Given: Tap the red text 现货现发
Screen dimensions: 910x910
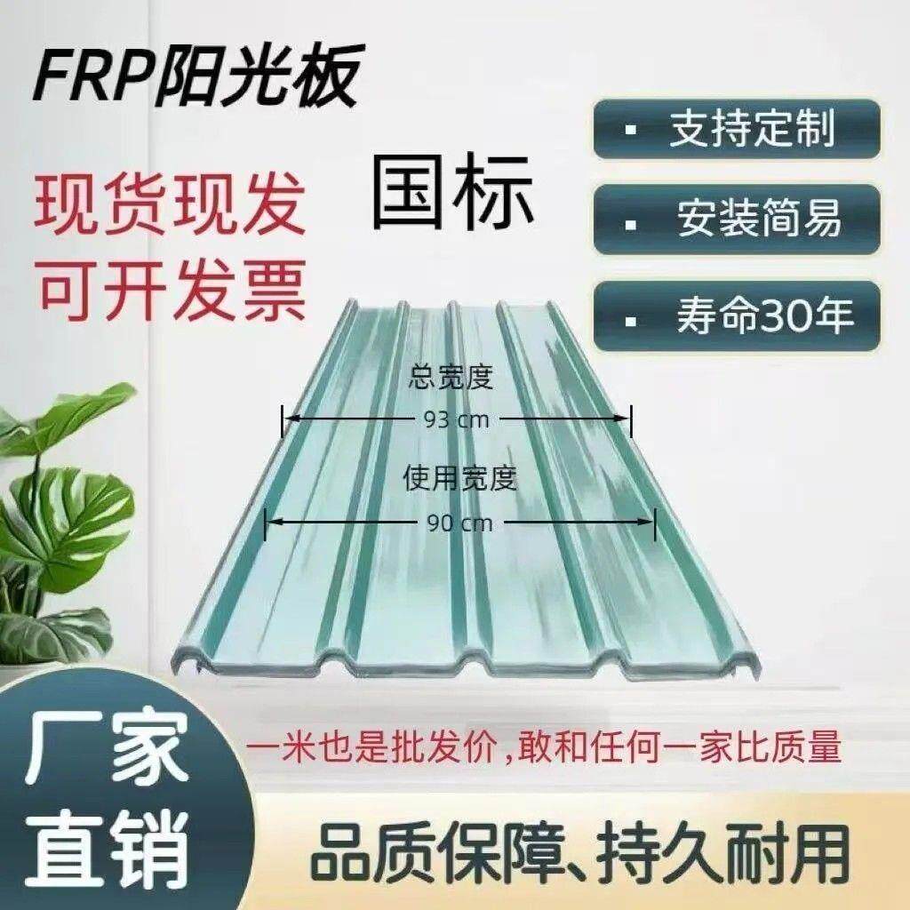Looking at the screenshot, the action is [170, 205].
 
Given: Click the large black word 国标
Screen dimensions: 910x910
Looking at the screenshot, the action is [453, 192].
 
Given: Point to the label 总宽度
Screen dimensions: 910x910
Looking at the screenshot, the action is [451, 379].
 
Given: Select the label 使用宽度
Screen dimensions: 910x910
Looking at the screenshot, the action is [459, 481].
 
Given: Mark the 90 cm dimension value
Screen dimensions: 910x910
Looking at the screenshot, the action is [459, 523].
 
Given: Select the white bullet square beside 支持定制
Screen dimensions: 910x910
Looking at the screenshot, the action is [631, 131].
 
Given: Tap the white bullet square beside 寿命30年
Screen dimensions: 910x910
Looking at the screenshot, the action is [631, 316].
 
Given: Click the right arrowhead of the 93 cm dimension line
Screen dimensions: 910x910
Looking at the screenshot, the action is [624, 418].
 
